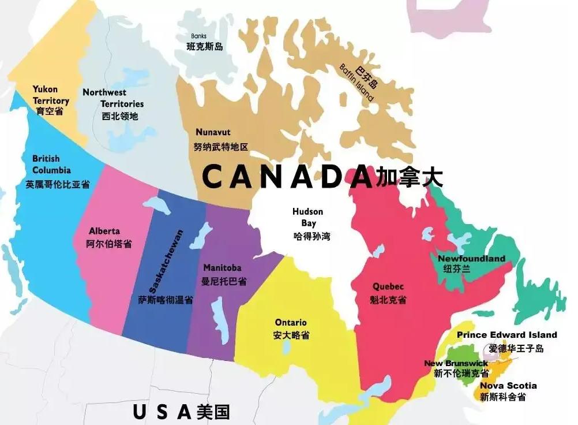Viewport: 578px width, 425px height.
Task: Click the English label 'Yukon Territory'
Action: [x=51, y=95]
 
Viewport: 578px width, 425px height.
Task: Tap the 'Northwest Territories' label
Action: [x=113, y=98]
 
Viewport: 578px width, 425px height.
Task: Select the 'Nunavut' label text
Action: [x=213, y=132]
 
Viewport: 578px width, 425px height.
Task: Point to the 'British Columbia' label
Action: [x=51, y=164]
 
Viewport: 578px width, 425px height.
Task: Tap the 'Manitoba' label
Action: [x=222, y=268]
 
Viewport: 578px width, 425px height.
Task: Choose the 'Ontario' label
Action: [x=291, y=322]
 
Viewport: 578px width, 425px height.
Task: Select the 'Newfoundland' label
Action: [x=471, y=259]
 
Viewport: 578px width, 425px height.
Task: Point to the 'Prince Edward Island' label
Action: [x=506, y=335]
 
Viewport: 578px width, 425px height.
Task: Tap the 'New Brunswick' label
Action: [x=456, y=363]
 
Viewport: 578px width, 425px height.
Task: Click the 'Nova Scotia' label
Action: [x=508, y=385]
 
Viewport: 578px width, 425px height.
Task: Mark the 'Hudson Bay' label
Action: [x=307, y=217]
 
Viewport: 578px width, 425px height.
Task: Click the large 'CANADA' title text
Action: [x=287, y=177]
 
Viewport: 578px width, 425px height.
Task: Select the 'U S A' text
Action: [x=162, y=412]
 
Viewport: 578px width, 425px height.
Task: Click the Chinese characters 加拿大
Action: [x=409, y=177]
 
